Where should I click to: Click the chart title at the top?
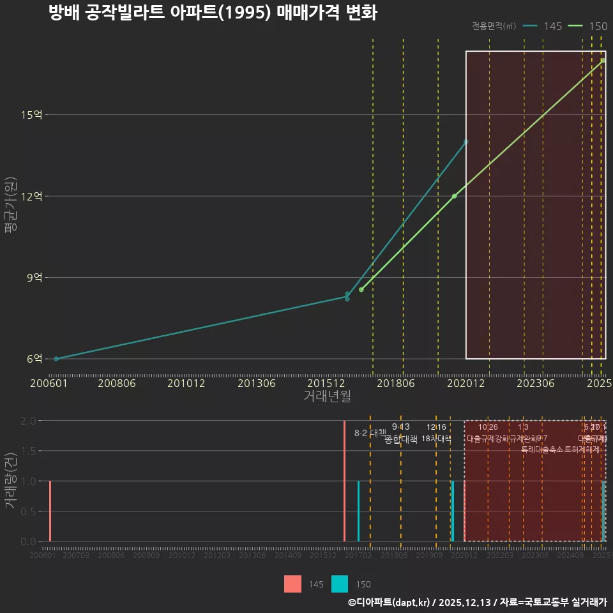213,13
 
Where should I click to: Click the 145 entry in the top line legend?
552,26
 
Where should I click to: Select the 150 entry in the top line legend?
598,26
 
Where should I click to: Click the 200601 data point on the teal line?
56,359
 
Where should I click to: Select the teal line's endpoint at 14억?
466,142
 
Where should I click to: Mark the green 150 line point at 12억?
454,196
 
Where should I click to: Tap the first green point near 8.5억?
361,290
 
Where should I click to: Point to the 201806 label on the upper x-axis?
395,383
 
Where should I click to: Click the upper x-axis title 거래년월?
327,396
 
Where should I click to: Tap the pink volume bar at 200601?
50,511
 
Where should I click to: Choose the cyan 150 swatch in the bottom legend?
340,584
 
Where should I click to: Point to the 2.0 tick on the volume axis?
28,421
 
